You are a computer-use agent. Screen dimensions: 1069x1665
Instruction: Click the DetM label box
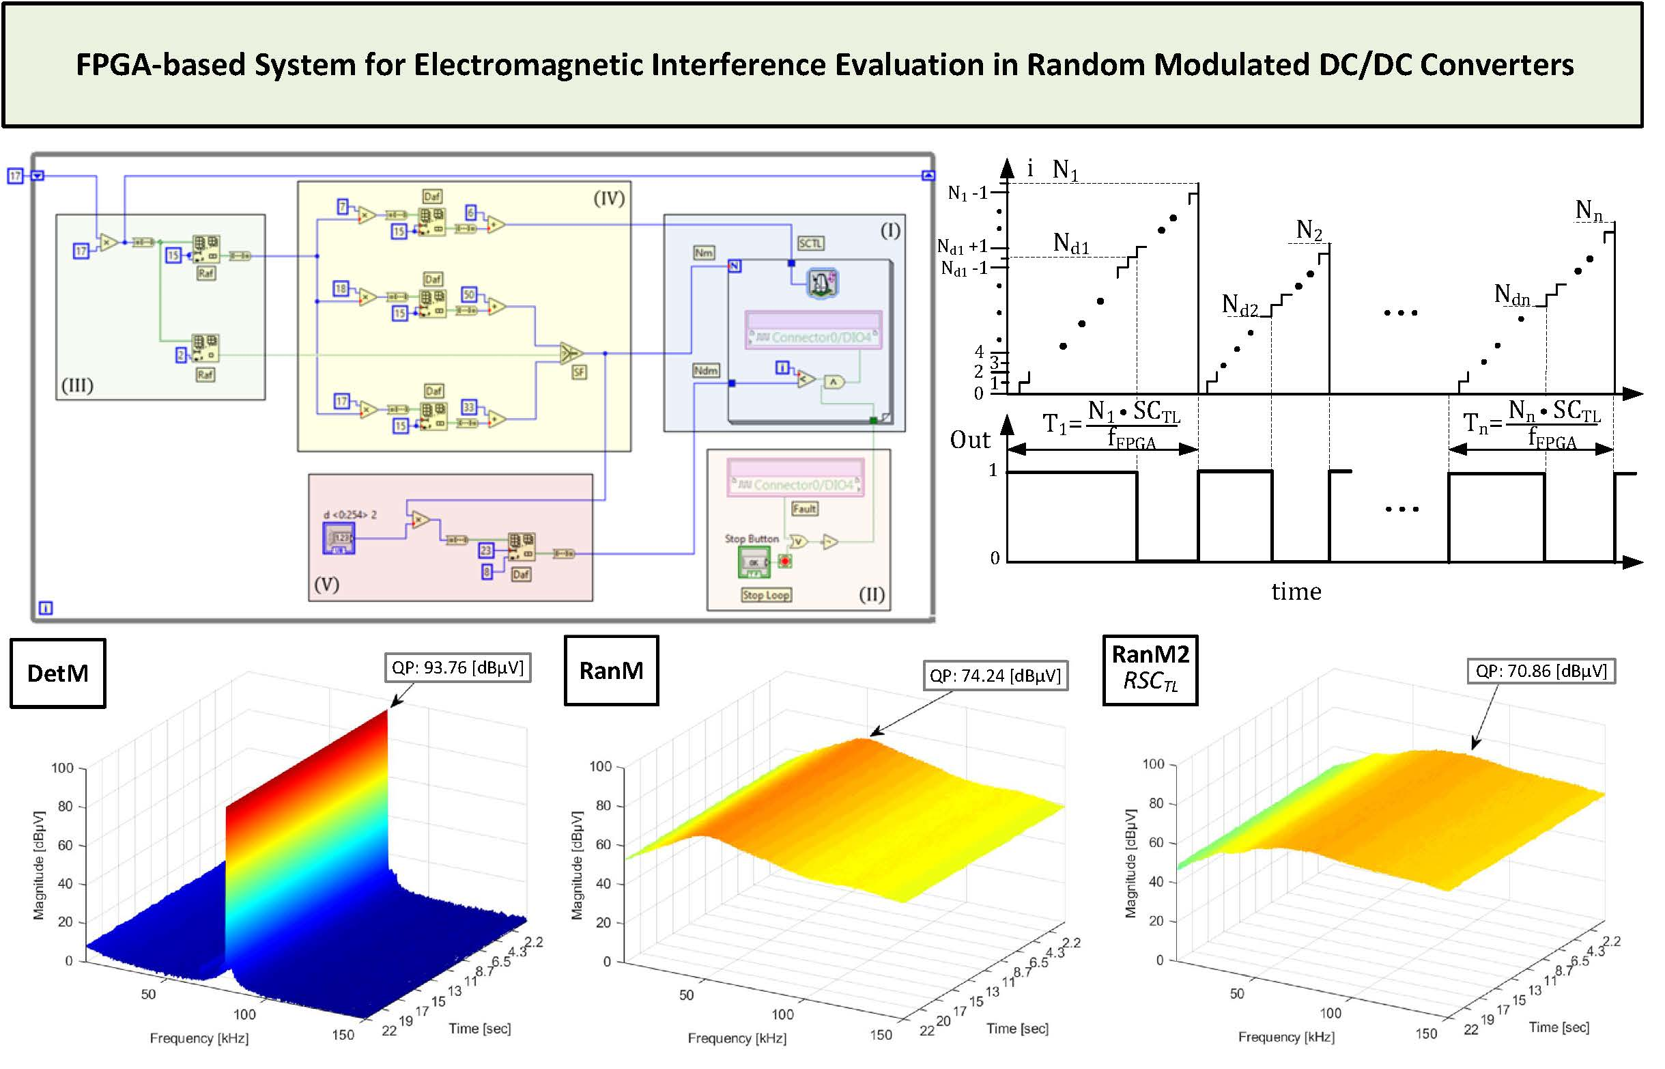[57, 674]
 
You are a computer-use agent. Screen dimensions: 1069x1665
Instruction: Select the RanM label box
[611, 671]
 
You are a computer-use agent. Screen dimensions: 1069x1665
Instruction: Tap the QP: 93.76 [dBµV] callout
[458, 668]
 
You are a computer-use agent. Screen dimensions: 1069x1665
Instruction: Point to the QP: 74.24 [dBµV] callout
[995, 676]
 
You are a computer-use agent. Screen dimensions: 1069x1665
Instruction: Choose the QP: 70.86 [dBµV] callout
[1541, 671]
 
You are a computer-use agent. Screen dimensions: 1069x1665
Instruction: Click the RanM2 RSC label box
[1150, 671]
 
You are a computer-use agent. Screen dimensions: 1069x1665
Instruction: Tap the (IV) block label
[608, 199]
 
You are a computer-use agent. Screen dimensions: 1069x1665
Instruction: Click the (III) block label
[77, 385]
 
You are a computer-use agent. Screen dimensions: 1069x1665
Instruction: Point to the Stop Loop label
[766, 596]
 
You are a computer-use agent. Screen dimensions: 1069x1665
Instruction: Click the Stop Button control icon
[754, 561]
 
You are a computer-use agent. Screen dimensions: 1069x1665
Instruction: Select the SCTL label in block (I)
[810, 244]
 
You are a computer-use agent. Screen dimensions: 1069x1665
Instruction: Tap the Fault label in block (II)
[804, 509]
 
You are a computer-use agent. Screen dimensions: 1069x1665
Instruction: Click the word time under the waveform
[1296, 592]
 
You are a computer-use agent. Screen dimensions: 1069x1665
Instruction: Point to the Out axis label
[969, 441]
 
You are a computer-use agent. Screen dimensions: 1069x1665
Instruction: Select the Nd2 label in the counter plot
[1239, 305]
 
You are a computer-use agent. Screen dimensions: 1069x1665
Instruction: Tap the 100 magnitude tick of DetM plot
[62, 768]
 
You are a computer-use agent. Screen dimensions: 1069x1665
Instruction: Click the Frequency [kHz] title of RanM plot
[737, 1038]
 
